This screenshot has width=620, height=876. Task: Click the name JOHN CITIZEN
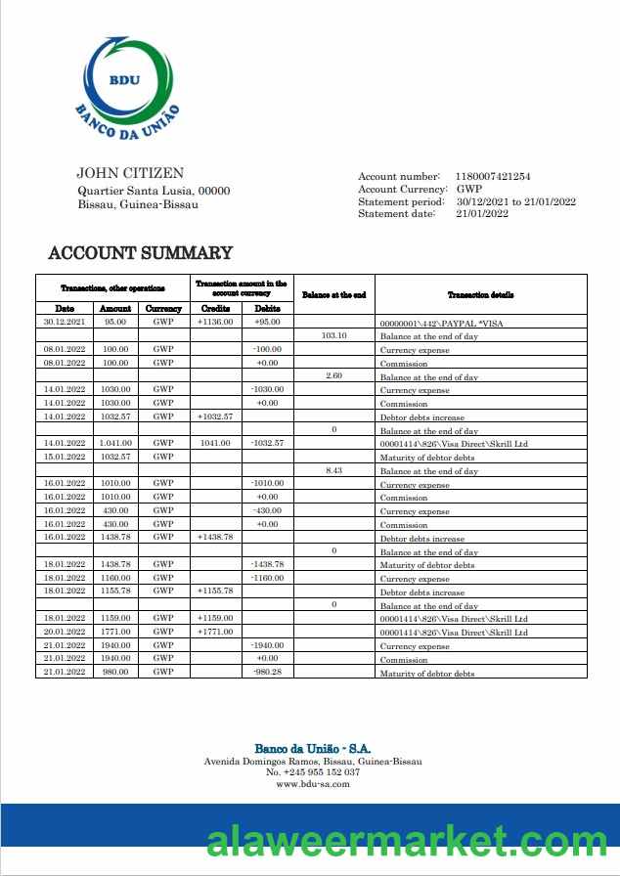tap(130, 173)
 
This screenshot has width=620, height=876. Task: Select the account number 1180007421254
tap(493, 176)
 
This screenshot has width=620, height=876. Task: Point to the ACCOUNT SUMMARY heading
tap(141, 253)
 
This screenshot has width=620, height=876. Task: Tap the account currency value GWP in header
tap(469, 189)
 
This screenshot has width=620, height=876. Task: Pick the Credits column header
tap(215, 308)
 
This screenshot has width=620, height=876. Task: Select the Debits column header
tap(267, 308)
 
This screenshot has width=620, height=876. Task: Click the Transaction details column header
tap(480, 294)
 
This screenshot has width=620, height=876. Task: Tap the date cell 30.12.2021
tap(65, 322)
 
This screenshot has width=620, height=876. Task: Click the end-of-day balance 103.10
tap(334, 335)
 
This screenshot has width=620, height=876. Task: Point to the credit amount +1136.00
tap(215, 322)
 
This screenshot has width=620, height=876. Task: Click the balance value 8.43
tap(334, 470)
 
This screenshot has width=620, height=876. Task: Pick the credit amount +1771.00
tap(215, 632)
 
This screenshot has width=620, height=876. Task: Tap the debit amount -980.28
tap(267, 672)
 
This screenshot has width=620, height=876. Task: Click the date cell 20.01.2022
tap(65, 632)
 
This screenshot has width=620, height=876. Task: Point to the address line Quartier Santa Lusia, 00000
tap(154, 191)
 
